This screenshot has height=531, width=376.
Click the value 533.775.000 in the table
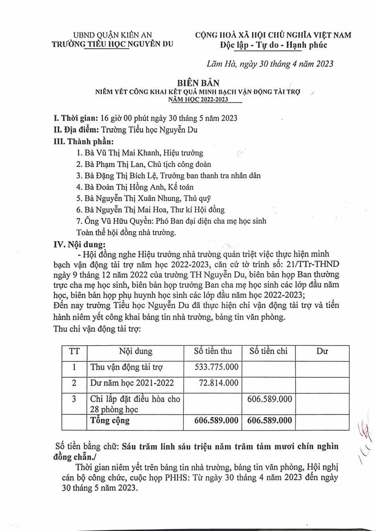[x=216, y=367]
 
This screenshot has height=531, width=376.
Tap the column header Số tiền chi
[x=269, y=351]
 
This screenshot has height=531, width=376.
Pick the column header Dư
[x=322, y=351]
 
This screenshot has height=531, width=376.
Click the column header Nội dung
[x=136, y=351]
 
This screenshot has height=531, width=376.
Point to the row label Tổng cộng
[x=110, y=421]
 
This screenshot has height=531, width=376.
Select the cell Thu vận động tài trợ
[x=127, y=367]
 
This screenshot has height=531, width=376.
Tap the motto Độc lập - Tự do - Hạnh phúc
[x=274, y=45]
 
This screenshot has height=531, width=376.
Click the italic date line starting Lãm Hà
[x=270, y=64]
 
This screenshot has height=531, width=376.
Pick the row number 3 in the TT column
[x=74, y=399]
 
